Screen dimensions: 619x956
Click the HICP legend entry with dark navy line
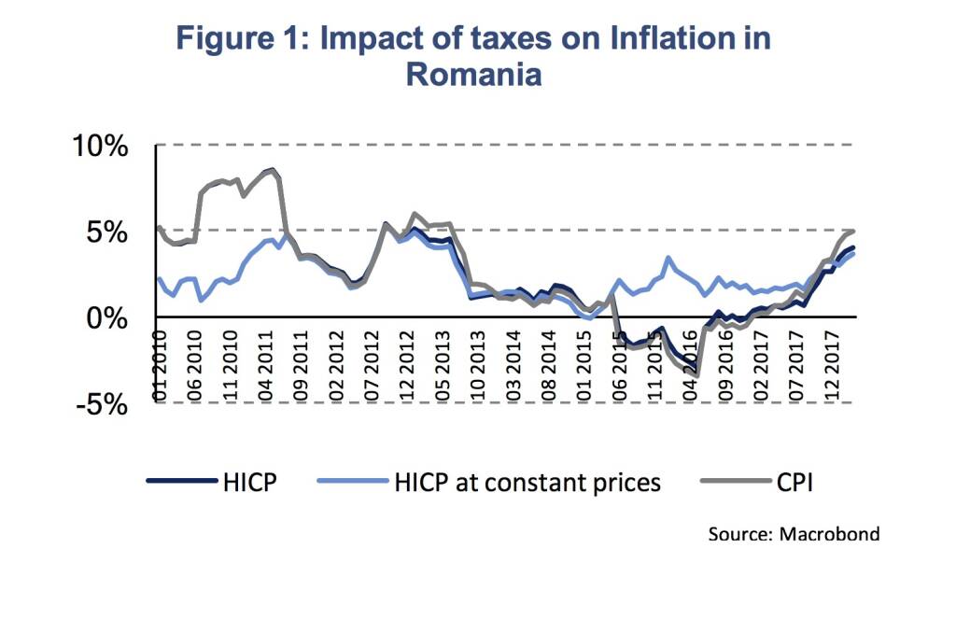click(249, 482)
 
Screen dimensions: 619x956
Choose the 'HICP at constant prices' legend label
click(527, 482)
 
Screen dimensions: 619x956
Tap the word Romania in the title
click(473, 74)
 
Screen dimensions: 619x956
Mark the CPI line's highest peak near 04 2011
click(272, 170)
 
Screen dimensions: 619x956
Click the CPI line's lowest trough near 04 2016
click(697, 375)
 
